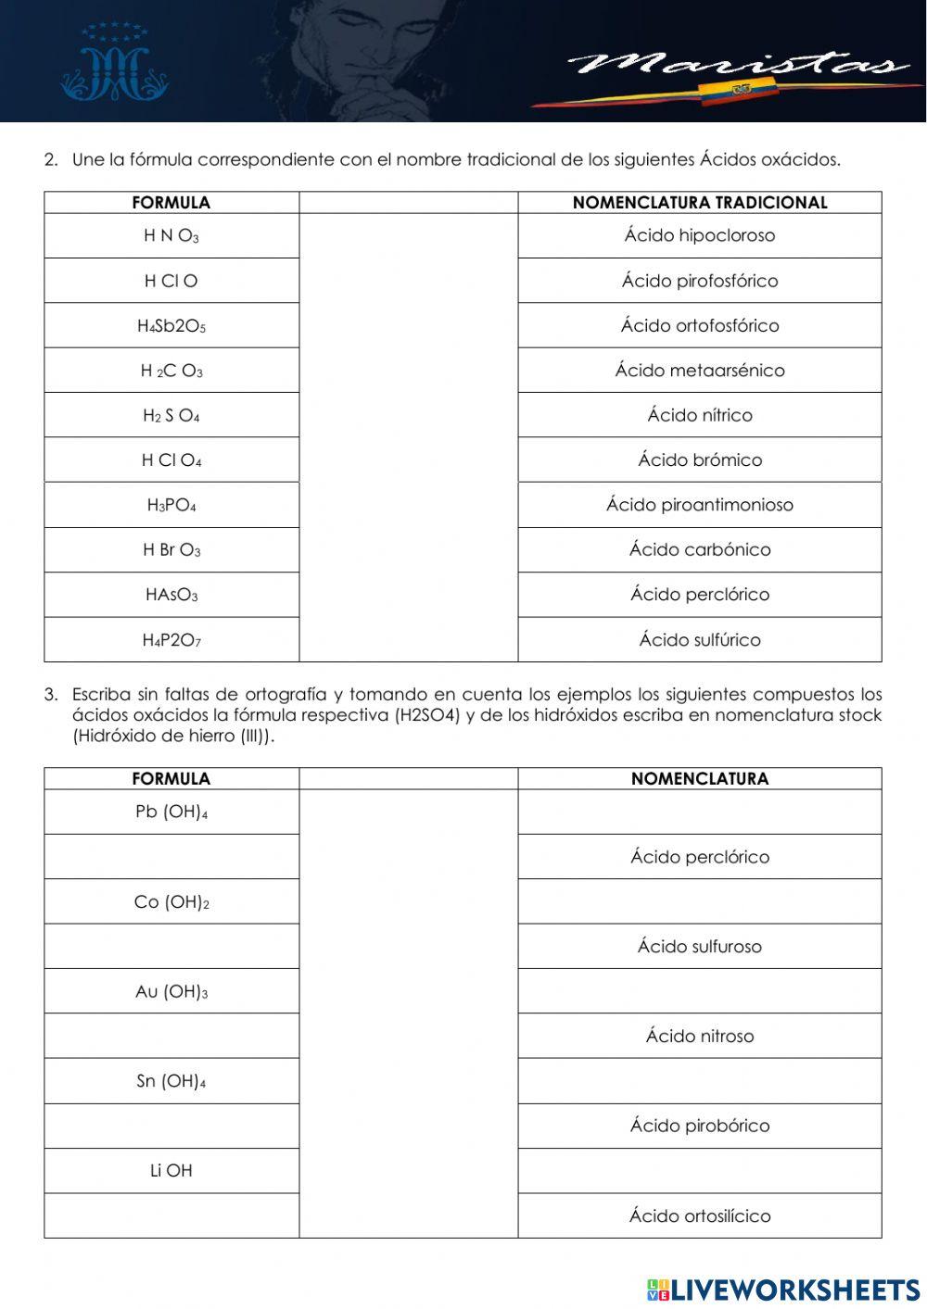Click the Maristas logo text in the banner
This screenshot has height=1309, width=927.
coord(737,65)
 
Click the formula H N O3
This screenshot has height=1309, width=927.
coord(171,236)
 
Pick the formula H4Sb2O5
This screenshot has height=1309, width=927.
coord(171,326)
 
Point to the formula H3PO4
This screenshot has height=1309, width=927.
coord(171,506)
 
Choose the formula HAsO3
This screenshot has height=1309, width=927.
coord(171,595)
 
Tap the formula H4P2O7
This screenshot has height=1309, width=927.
coord(171,640)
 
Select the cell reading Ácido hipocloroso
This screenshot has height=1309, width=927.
coord(699,235)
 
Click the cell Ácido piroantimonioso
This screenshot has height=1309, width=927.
coord(699,505)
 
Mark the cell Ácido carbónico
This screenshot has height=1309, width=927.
coord(699,549)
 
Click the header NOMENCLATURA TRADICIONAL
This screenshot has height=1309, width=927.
coord(699,203)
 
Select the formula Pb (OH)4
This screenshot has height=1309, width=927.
coord(171,812)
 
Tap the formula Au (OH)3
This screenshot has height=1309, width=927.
coord(171,992)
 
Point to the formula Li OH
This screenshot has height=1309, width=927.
coord(171,1171)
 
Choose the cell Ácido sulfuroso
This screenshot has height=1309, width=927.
coord(699,947)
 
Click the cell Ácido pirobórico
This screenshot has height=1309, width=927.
coord(699,1126)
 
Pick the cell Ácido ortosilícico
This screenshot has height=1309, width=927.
coord(699,1215)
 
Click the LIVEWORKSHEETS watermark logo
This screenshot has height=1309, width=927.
coord(783,1290)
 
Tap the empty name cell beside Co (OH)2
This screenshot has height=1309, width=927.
coord(699,901)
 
